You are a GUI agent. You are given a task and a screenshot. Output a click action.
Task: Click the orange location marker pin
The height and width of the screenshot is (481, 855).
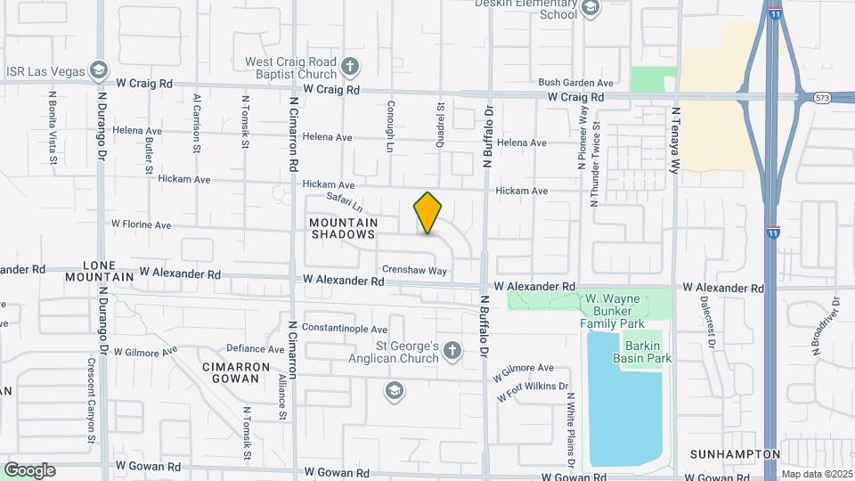tap(428, 213)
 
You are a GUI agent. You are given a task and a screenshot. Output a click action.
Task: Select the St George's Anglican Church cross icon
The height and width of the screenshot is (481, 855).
tap(452, 350)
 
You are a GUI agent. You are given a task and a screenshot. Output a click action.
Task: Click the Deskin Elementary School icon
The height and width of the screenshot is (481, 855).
tap(590, 9)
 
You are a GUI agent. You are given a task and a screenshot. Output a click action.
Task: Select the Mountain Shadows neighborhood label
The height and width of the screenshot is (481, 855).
tap(343, 228)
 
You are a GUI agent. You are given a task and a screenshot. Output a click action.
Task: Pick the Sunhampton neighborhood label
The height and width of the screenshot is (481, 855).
tap(736, 454)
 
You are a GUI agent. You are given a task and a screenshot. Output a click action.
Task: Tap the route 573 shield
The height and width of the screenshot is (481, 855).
tap(821, 98)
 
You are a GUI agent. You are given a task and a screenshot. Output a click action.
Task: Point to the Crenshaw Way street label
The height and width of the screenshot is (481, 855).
tap(414, 269)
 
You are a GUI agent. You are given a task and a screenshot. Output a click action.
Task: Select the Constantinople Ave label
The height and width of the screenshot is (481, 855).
tap(345, 329)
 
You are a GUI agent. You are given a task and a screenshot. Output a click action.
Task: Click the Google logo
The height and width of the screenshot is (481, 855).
tap(29, 469)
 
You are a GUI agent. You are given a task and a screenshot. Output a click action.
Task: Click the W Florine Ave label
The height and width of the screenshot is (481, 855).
tap(141, 225)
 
